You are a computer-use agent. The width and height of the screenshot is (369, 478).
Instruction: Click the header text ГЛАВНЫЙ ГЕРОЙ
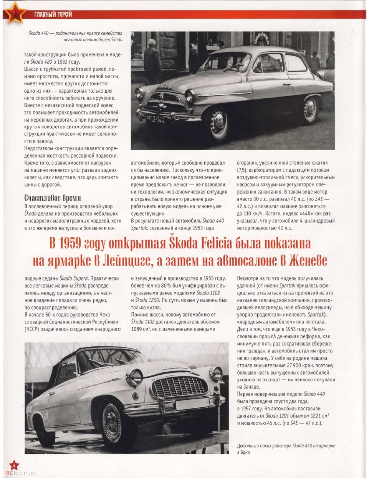pos(53,14)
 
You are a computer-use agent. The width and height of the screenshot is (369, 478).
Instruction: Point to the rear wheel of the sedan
pos(311,110)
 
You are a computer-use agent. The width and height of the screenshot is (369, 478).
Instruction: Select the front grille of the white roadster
pos(179,387)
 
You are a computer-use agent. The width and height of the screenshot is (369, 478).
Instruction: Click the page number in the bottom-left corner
pos(14,465)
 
